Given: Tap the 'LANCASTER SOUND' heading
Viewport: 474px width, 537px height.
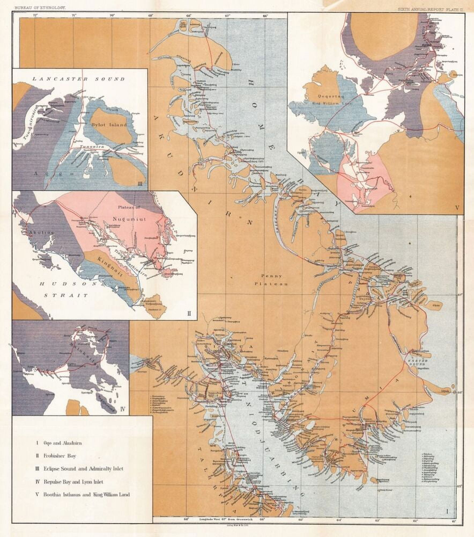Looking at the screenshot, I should [78, 79].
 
